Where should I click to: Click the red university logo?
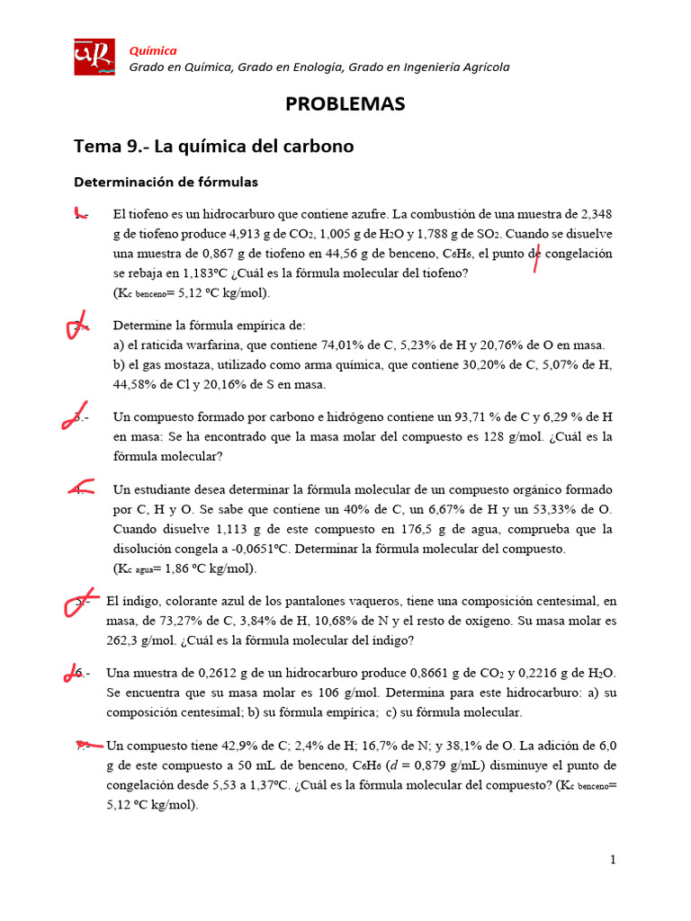(94, 57)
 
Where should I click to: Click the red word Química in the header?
(153, 50)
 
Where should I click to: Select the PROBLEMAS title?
(345, 104)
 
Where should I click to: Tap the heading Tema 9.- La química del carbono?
(213, 146)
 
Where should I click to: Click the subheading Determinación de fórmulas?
(166, 182)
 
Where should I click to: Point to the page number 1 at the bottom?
(613, 860)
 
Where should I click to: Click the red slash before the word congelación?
(537, 255)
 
